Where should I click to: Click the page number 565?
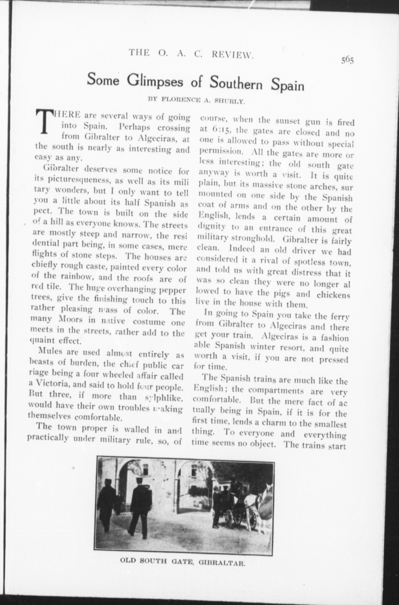coord(348,60)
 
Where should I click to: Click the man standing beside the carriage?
coord(217,504)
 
